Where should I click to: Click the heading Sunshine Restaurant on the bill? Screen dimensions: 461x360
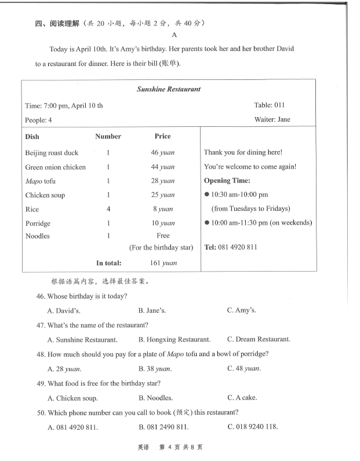click(169, 89)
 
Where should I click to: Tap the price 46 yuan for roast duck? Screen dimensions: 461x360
click(162, 153)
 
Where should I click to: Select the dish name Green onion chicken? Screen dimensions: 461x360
click(55, 167)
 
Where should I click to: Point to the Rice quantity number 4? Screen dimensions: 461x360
click(108, 209)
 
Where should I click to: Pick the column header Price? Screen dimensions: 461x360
click(162, 137)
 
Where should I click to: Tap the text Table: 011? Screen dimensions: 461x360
click(269, 105)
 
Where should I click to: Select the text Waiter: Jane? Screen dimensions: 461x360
click(272, 120)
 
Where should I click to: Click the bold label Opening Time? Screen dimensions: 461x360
click(227, 181)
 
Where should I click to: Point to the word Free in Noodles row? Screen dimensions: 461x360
click(163, 236)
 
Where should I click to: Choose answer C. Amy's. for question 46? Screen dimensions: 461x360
click(242, 310)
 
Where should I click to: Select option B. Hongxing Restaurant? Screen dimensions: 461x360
click(174, 339)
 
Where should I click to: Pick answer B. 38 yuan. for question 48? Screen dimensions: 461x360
click(155, 368)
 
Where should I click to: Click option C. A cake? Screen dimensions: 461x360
click(242, 398)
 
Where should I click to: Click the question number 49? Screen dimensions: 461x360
click(41, 383)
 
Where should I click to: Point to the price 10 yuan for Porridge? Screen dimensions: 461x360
click(163, 224)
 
